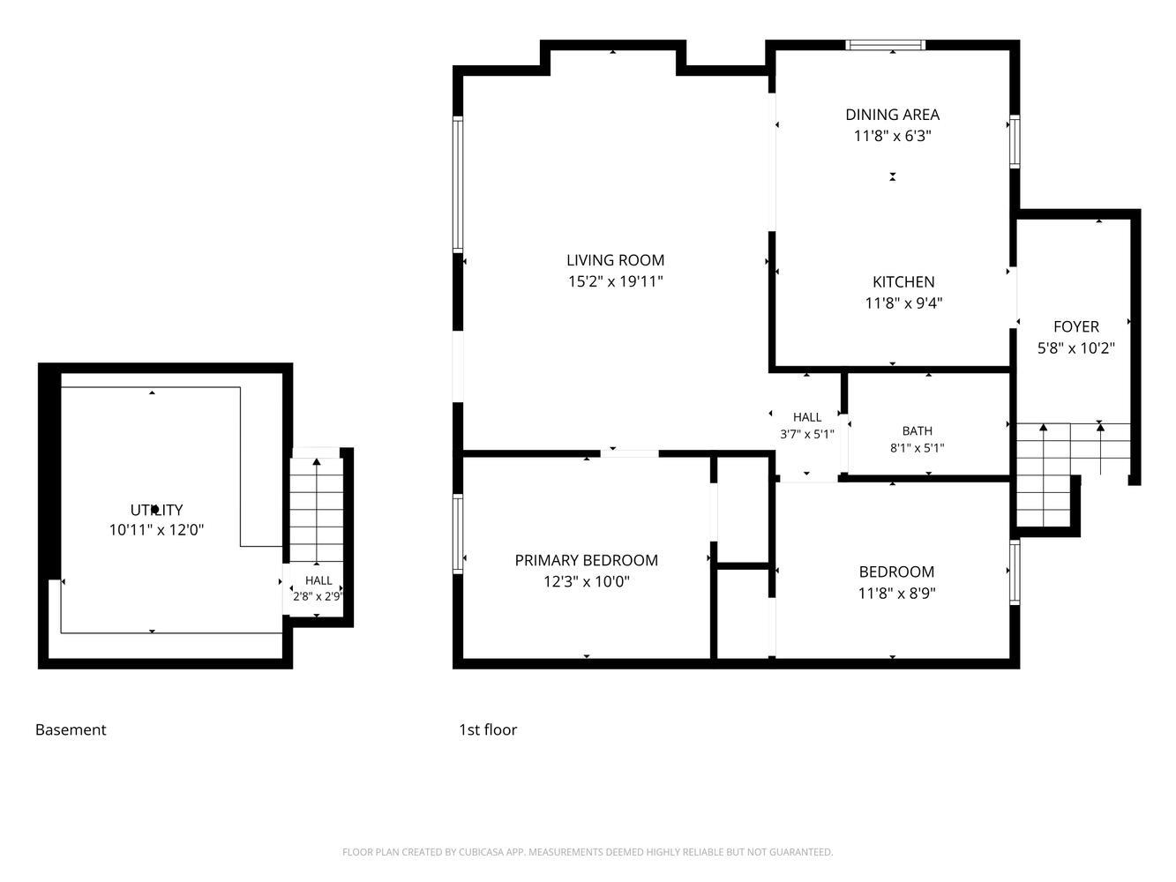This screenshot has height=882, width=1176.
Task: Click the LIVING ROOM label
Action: (615, 260)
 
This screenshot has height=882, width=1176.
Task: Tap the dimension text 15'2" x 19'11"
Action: (615, 281)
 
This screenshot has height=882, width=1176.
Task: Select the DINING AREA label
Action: (892, 115)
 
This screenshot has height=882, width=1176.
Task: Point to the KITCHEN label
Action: (903, 281)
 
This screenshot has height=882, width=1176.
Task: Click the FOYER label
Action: (1075, 326)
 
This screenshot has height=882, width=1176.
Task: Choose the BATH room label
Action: (917, 430)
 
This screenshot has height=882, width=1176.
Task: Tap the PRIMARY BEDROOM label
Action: (586, 560)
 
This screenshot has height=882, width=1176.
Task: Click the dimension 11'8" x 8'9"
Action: (896, 593)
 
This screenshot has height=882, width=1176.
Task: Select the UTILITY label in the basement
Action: (156, 509)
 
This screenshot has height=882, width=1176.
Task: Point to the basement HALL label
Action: (318, 580)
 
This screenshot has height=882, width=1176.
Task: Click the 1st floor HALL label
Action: (807, 417)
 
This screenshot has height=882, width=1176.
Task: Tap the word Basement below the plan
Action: (71, 729)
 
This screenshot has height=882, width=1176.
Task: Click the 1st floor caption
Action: (488, 729)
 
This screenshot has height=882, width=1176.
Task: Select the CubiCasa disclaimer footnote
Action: (588, 852)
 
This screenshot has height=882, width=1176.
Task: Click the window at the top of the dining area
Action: (885, 45)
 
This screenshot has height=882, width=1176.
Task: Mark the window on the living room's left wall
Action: (458, 184)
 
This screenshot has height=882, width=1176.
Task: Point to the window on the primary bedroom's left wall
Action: (458, 534)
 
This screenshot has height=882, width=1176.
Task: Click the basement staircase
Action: (316, 511)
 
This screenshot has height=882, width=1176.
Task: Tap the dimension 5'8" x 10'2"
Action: (1075, 348)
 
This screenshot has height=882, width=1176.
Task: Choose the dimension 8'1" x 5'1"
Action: (917, 448)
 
